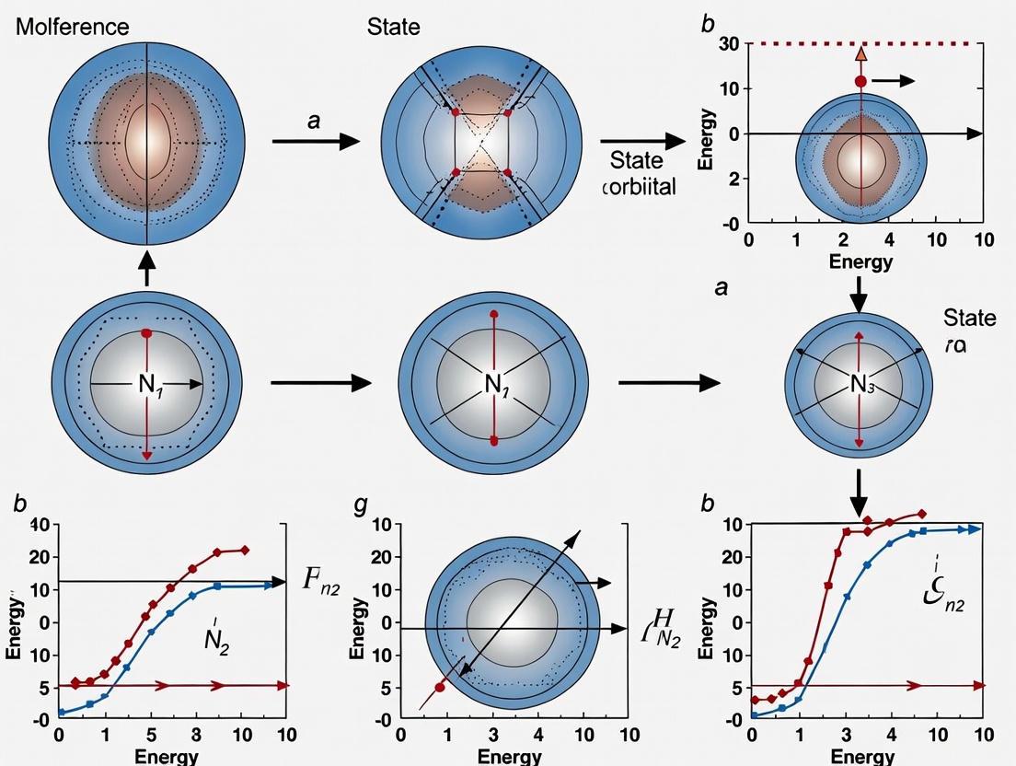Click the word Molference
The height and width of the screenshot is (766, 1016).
pyautogui.click(x=73, y=27)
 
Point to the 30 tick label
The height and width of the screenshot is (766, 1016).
pyautogui.click(x=728, y=43)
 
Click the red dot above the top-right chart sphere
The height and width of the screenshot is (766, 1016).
pyautogui.click(x=860, y=82)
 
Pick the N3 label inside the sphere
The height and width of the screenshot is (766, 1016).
pyautogui.click(x=861, y=385)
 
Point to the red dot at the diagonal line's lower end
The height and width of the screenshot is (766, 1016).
pyautogui.click(x=440, y=687)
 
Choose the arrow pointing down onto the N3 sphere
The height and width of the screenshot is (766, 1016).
pyautogui.click(x=859, y=296)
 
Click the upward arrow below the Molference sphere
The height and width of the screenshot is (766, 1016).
pyautogui.click(x=147, y=268)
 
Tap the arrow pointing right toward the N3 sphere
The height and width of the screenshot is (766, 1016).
pyautogui.click(x=667, y=382)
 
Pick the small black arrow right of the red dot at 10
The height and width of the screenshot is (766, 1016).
pyautogui.click(x=894, y=81)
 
